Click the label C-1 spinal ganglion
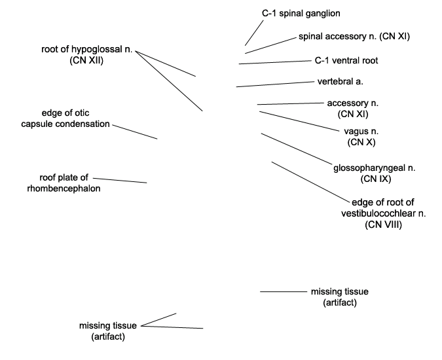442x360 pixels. click(301, 13)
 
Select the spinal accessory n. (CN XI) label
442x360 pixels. click(354, 37)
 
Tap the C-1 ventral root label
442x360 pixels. click(346, 60)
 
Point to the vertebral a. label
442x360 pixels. click(341, 81)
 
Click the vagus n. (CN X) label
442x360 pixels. click(361, 137)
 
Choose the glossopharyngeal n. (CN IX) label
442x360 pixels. click(375, 173)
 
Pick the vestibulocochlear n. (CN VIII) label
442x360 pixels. click(383, 213)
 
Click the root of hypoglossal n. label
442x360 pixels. click(87, 54)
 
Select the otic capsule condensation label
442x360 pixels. click(65, 118)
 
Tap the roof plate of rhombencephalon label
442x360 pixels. click(64, 183)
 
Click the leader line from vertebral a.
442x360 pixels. click(275, 84)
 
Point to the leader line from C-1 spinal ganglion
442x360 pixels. click(254, 33)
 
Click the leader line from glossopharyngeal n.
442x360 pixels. click(297, 149)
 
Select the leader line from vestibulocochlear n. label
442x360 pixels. click(310, 182)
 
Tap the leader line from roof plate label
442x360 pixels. click(120, 180)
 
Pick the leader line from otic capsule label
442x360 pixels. click(135, 132)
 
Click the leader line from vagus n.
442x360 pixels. click(299, 121)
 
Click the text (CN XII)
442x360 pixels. click(87, 60)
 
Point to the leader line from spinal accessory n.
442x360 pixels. click(271, 45)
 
